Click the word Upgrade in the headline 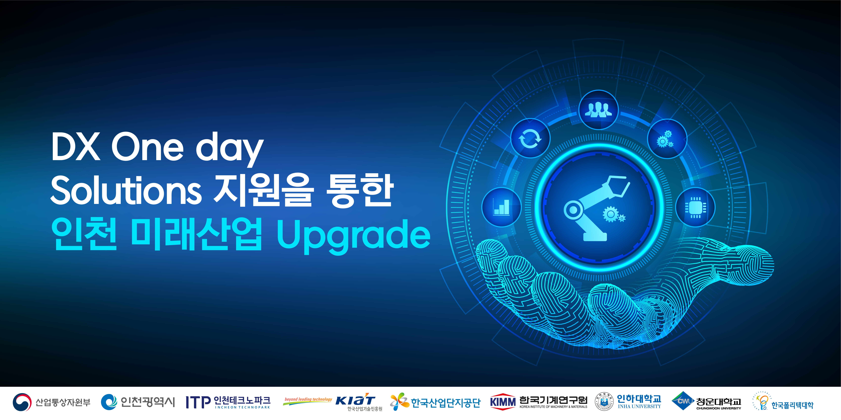pos(354,235)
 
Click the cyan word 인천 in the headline pos(84,234)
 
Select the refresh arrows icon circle pos(530,138)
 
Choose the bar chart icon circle pos(501,207)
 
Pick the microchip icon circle pos(695,207)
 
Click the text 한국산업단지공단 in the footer pos(446,403)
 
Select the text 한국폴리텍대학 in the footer pos(792,405)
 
